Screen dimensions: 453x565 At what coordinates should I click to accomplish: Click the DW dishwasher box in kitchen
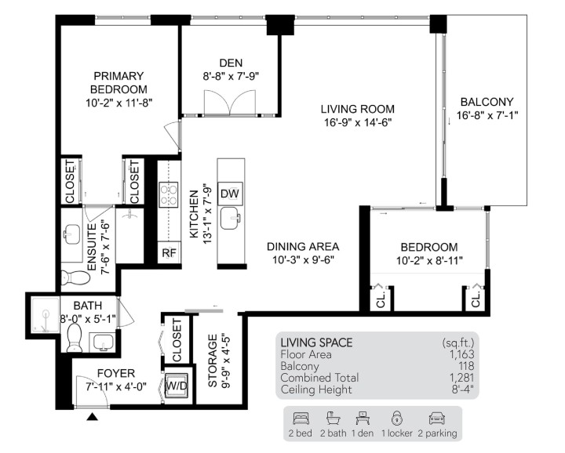229,193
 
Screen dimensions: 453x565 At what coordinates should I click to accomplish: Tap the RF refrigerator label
169,252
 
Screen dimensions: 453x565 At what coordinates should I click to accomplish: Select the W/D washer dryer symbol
176,386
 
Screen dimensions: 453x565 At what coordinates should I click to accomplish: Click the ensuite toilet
71,277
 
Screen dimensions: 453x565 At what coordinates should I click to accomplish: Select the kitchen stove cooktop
169,194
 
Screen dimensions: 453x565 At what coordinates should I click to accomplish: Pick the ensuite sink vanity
71,234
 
